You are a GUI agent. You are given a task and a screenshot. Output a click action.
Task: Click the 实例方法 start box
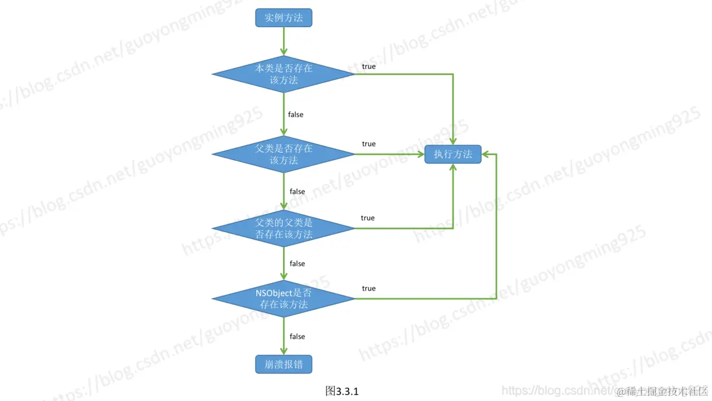point(284,18)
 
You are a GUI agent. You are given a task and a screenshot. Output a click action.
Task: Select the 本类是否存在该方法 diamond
point(284,74)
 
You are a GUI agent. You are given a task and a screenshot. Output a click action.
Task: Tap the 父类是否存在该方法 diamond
point(284,154)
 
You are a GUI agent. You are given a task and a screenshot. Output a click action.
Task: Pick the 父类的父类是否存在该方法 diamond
point(284,228)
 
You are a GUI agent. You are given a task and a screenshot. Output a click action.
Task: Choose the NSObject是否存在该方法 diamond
point(284,299)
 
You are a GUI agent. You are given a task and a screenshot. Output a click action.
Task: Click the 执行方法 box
point(453,154)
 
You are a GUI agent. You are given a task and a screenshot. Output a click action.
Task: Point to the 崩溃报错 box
point(284,364)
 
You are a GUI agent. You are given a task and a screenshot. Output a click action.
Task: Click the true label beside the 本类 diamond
point(369,67)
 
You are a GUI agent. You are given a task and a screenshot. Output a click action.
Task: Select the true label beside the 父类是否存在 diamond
point(369,144)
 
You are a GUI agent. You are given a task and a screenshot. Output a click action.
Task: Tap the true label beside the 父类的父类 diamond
point(367,218)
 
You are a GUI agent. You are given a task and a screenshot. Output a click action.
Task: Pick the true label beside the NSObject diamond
point(369,288)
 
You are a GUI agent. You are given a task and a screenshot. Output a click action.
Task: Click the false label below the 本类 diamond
point(296,114)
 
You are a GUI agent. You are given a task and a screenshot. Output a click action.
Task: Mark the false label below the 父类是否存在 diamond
point(297,191)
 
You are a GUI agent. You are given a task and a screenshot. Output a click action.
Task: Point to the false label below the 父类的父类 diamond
point(297,264)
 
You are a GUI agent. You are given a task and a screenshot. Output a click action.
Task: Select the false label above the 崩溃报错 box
point(297,337)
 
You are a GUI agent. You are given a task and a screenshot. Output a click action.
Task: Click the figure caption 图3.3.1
point(342,391)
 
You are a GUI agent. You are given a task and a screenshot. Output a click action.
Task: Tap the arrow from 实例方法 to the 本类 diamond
point(284,41)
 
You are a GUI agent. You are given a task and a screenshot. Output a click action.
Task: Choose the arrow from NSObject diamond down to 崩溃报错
point(284,337)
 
